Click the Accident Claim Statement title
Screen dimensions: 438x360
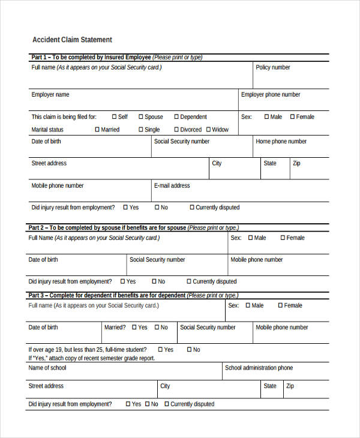[x=71, y=40]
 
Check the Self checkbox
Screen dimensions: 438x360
[x=114, y=117]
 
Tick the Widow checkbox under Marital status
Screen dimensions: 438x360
[x=208, y=130]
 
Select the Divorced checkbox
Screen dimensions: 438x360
[x=176, y=130]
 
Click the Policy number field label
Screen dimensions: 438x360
[x=272, y=67]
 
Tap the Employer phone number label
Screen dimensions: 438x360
[x=271, y=94]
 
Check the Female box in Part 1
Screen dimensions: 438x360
[x=292, y=117]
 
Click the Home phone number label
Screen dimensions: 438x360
[x=281, y=142]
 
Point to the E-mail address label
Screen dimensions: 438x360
[x=172, y=185]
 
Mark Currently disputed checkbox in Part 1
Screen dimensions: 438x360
[x=192, y=208]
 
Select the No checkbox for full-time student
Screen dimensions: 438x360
[x=189, y=350]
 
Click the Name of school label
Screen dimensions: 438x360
[x=47, y=368]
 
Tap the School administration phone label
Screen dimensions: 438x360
[x=259, y=368]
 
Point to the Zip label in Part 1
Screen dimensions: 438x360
[x=296, y=163]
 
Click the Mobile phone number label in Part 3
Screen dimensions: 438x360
[x=281, y=328]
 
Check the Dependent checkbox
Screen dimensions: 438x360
[x=176, y=117]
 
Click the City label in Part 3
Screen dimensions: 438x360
[x=165, y=386]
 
